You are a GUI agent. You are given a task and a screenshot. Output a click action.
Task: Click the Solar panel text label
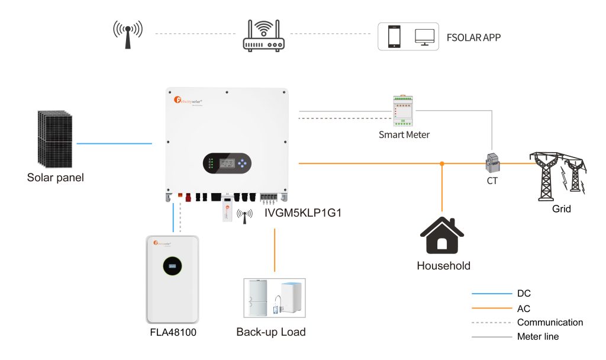click(56, 177)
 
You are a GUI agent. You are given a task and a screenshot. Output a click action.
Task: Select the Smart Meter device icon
click(404, 111)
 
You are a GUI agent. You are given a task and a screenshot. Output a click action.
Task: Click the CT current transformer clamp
click(492, 162)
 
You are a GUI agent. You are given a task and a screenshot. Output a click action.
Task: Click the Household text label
click(443, 265)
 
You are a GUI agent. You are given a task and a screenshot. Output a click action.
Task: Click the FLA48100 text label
click(173, 332)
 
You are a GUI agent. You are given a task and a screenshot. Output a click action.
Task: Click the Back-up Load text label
click(271, 332)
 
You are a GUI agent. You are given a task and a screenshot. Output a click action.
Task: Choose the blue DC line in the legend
click(491, 294)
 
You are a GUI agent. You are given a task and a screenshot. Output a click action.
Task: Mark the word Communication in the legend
click(550, 323)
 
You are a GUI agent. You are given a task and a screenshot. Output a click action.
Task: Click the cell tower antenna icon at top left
click(128, 35)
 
